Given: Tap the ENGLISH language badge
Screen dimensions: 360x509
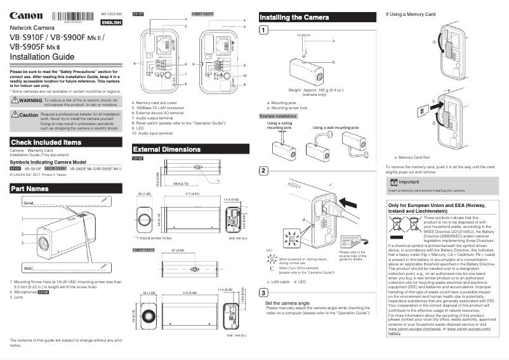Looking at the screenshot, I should (112, 22).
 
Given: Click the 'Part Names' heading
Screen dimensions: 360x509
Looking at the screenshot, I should (30, 189).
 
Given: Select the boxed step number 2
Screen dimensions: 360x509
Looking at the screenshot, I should (263, 171).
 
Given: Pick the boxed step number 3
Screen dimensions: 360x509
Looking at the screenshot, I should (263, 292).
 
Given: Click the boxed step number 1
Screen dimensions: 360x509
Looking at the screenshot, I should (263, 30).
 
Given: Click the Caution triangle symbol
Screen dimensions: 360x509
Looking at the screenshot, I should (15, 115).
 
